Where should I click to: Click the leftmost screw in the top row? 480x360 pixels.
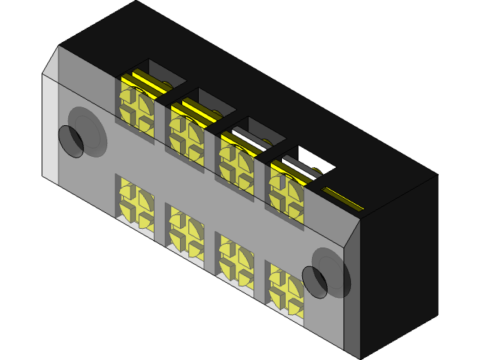(136, 109)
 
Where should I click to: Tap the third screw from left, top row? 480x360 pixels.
(235, 158)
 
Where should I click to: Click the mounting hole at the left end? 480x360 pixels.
(71, 141)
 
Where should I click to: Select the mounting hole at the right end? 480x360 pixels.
(315, 281)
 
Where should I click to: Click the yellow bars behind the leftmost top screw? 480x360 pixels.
(150, 83)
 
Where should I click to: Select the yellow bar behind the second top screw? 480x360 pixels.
(199, 111)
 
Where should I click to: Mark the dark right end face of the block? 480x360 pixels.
(397, 262)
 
